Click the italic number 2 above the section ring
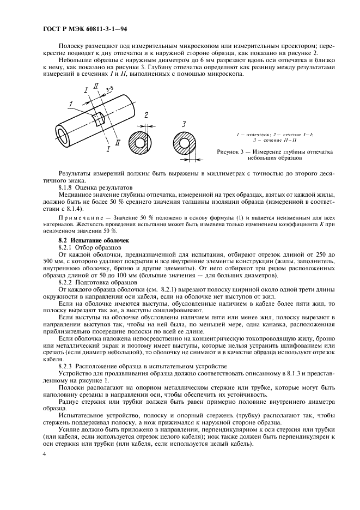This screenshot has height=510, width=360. coord(146,115)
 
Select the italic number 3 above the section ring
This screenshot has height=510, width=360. coord(184,124)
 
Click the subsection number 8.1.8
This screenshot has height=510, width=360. coord(66,186)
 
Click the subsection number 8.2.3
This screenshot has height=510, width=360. coord(66,367)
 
